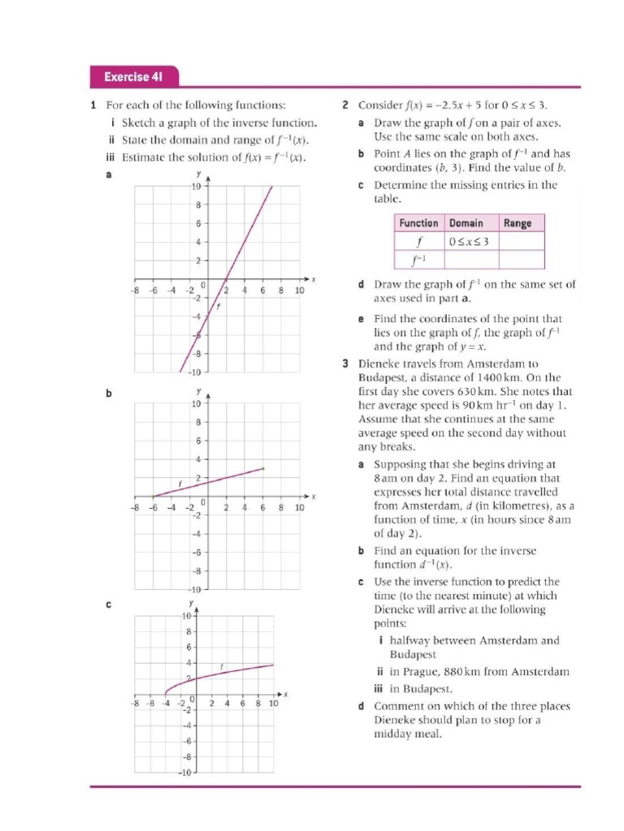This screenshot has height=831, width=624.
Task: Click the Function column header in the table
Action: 418,223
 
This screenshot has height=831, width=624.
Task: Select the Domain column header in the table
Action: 466,223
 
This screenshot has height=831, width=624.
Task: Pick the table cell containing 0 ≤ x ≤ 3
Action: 471,242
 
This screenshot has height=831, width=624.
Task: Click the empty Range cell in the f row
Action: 521,242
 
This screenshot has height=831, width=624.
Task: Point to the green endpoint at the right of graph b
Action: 262,468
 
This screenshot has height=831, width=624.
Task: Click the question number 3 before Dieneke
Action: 345,363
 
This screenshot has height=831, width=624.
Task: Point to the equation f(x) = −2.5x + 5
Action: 451,105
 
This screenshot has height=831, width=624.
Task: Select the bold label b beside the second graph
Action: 110,394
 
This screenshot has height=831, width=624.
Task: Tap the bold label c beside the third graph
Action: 110,605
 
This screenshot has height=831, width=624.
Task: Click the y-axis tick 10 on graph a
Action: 196,187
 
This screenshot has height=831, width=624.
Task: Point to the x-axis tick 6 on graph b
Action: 262,508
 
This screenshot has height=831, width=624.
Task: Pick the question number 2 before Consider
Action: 345,105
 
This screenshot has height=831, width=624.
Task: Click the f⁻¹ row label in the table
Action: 418,260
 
